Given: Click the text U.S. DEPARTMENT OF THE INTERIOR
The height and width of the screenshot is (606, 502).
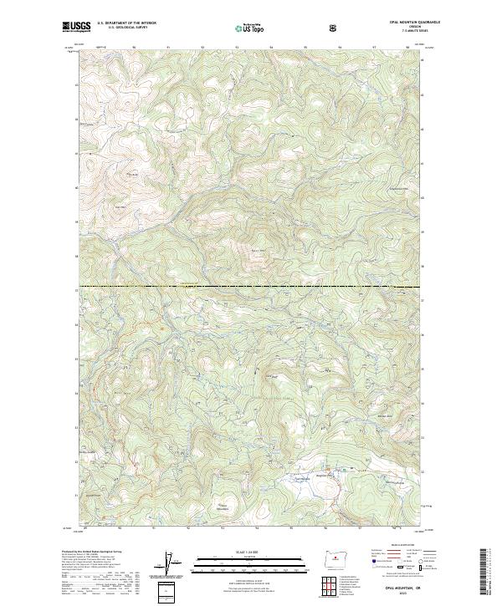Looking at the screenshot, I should [126, 23].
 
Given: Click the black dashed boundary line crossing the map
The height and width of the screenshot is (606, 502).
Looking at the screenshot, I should [251, 288].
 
